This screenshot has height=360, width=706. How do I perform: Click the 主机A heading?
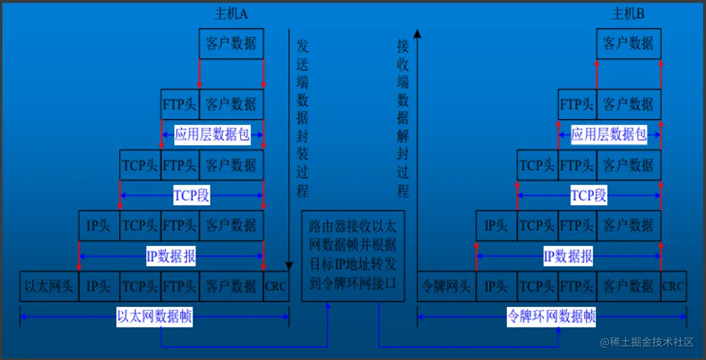231,14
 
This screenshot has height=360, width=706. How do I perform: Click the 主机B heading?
628,14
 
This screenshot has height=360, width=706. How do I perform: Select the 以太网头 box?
49,287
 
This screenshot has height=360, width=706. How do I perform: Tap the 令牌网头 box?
447,287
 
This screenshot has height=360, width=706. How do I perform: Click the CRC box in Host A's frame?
276,287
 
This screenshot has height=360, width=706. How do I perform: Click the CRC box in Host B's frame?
673,287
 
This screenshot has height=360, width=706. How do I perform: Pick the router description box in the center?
353,256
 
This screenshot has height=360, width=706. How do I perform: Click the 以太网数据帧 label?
154,318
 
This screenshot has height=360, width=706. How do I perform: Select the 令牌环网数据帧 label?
551,318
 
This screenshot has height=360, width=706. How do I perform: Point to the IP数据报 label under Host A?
171,256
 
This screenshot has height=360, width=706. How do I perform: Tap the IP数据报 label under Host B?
568,256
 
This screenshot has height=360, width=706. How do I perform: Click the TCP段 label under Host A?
191,195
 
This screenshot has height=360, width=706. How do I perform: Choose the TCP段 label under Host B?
589,195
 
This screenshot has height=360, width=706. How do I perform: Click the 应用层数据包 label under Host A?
212,134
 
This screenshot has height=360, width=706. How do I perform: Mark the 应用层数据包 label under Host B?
609,134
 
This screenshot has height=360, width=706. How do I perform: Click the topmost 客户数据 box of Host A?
231,43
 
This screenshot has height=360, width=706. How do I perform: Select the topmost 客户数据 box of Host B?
629,43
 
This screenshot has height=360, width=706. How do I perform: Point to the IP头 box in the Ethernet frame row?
99,287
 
